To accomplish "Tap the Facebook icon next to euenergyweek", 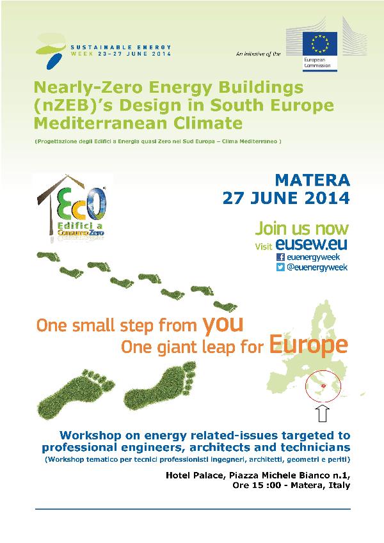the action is tap(280, 257).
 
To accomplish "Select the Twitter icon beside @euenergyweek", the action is tap(280, 267).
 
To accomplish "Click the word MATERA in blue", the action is tap(312, 180).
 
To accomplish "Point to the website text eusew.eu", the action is tap(311, 244).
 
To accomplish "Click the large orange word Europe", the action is tap(308, 345).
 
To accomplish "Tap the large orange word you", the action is tap(223, 325).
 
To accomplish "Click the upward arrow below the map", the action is tap(323, 413).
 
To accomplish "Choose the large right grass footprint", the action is tap(160, 386).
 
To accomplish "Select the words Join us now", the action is tap(302, 228).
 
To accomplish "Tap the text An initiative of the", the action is tap(258, 54).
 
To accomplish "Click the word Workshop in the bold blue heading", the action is tap(90, 436).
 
